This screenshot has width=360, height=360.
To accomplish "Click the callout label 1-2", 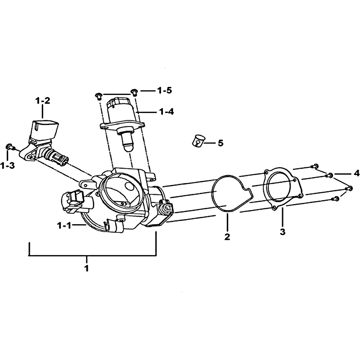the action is tap(43, 100).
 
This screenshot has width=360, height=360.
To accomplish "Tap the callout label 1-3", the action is tap(7, 165).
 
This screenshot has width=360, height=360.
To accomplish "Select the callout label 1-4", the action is tap(166, 112).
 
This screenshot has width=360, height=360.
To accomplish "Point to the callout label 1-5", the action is tap(164, 90).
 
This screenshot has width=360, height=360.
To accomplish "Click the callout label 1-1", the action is tap(64, 226).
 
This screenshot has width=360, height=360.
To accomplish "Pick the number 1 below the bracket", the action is tap(86, 268).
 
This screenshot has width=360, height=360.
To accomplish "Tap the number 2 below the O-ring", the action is tap(227, 237).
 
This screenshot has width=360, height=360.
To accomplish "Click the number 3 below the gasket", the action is tap(283, 232).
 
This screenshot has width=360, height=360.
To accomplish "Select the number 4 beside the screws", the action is tap(356, 173).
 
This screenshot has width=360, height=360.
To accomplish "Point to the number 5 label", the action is tap(220, 143).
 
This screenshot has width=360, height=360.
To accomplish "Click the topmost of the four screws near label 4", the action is tap(314, 166).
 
